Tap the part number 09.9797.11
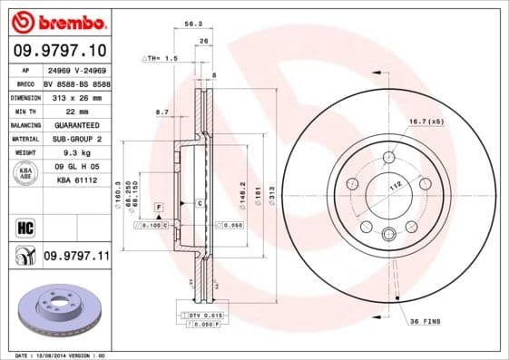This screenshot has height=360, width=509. [76, 257]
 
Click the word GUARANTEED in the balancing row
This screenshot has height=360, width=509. [77, 124]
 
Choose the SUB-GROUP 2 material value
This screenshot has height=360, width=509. [77, 139]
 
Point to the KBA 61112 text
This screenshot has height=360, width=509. [77, 181]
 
